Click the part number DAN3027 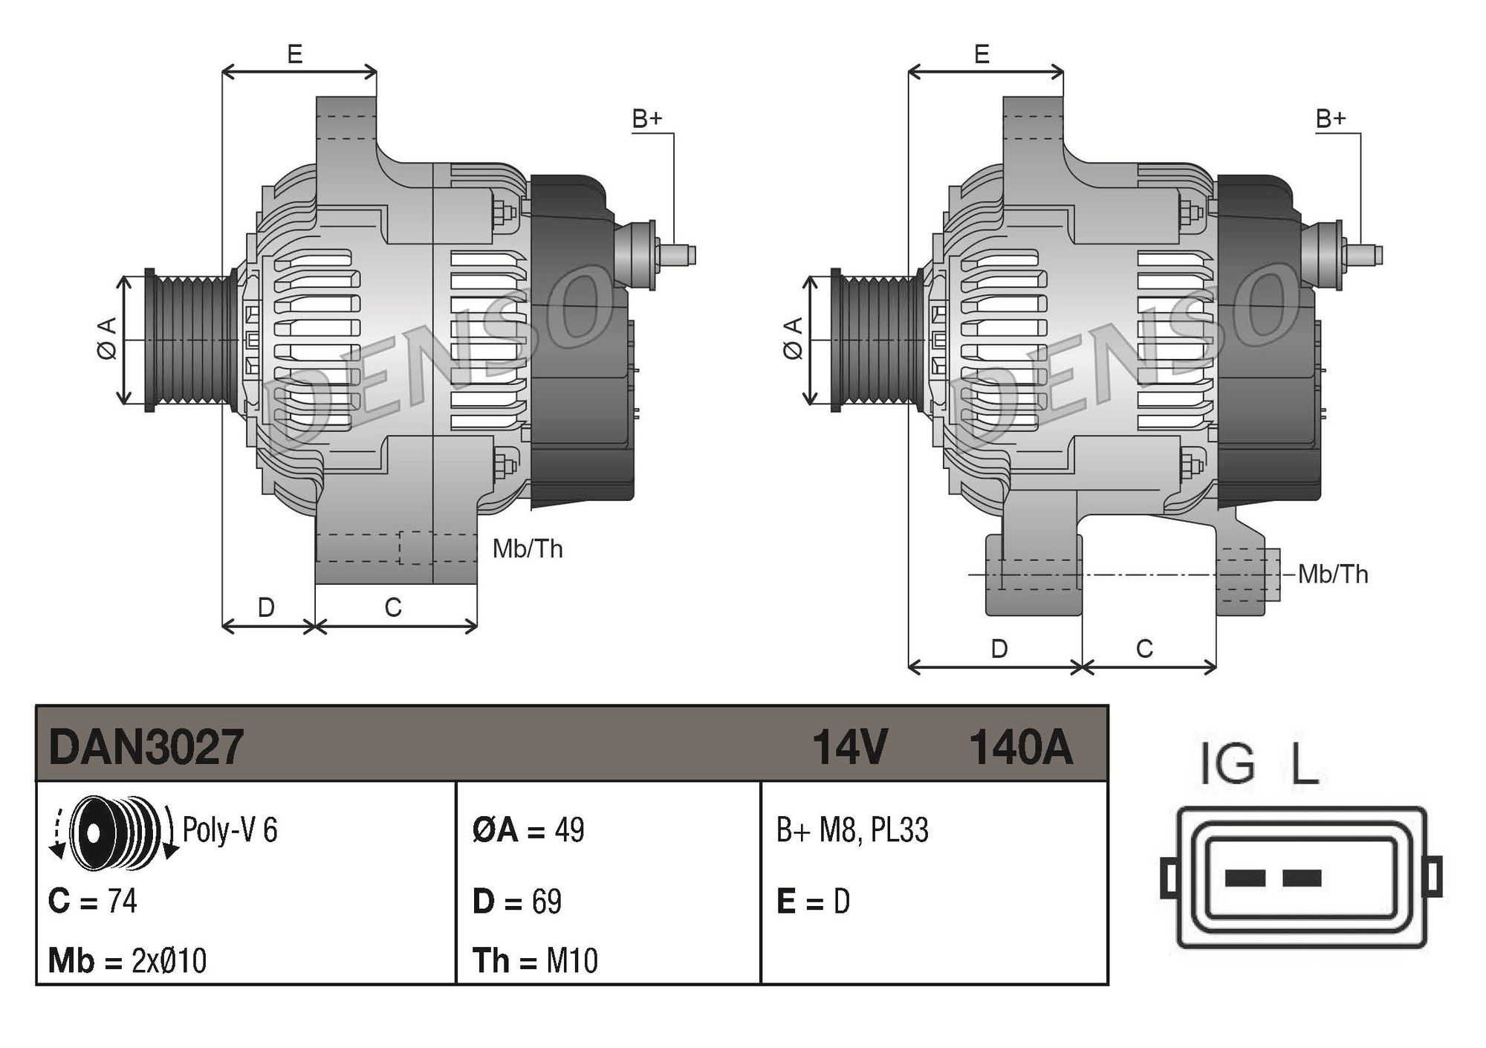(146, 747)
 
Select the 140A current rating (1021, 747)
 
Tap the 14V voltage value (850, 747)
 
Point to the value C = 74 (93, 902)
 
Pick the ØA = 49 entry (528, 830)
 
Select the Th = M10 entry (535, 960)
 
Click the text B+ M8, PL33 (852, 830)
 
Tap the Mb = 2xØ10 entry (127, 960)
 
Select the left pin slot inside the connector (1245, 879)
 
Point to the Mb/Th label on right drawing (1333, 575)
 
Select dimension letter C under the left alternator (393, 608)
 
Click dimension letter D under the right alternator (999, 649)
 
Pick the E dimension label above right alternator (982, 54)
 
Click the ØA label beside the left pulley (107, 339)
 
